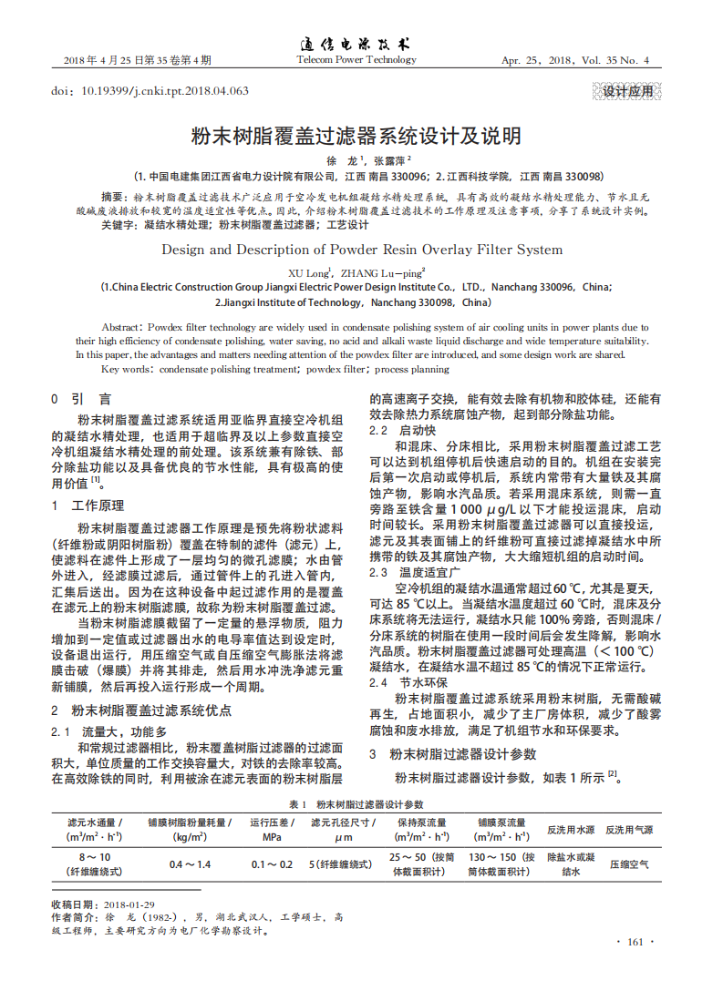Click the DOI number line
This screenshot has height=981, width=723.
(150, 91)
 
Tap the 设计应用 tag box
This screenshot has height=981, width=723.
(628, 91)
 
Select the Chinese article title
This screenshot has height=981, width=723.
(356, 137)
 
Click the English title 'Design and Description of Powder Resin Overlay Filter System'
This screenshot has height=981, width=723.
(361, 250)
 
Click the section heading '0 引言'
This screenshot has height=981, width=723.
(81, 399)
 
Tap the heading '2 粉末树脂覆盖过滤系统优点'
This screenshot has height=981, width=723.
(140, 710)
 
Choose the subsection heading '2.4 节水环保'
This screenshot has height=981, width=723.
(407, 681)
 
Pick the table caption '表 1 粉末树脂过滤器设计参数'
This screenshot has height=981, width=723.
(356, 804)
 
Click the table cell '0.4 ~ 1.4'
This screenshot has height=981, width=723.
(190, 863)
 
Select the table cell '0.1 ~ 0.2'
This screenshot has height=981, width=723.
(272, 863)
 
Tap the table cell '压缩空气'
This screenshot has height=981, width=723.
(629, 863)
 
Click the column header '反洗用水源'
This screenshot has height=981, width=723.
(571, 830)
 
